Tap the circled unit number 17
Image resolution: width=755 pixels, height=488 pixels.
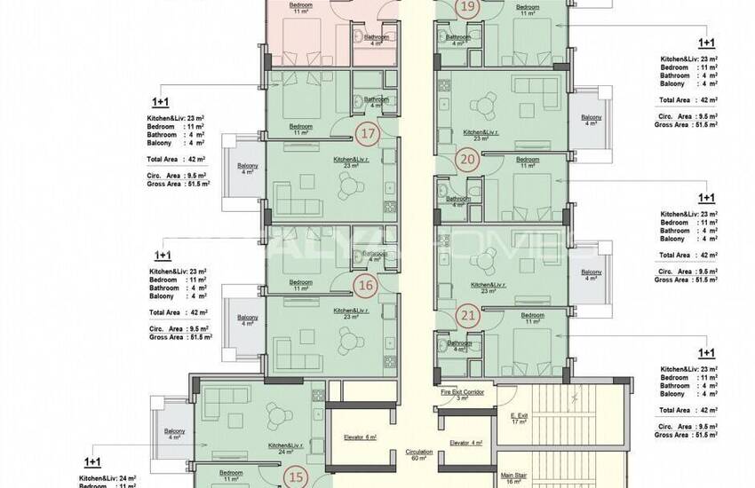[367, 135]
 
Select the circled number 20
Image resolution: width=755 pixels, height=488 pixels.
[467, 160]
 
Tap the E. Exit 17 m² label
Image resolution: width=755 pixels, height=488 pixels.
[520, 419]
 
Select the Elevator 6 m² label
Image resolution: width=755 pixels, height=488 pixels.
[360, 437]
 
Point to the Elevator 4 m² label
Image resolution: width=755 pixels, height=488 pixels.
[465, 443]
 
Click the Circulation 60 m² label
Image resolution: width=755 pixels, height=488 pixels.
[418, 455]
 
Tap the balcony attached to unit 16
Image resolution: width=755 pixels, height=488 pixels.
[243, 320]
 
